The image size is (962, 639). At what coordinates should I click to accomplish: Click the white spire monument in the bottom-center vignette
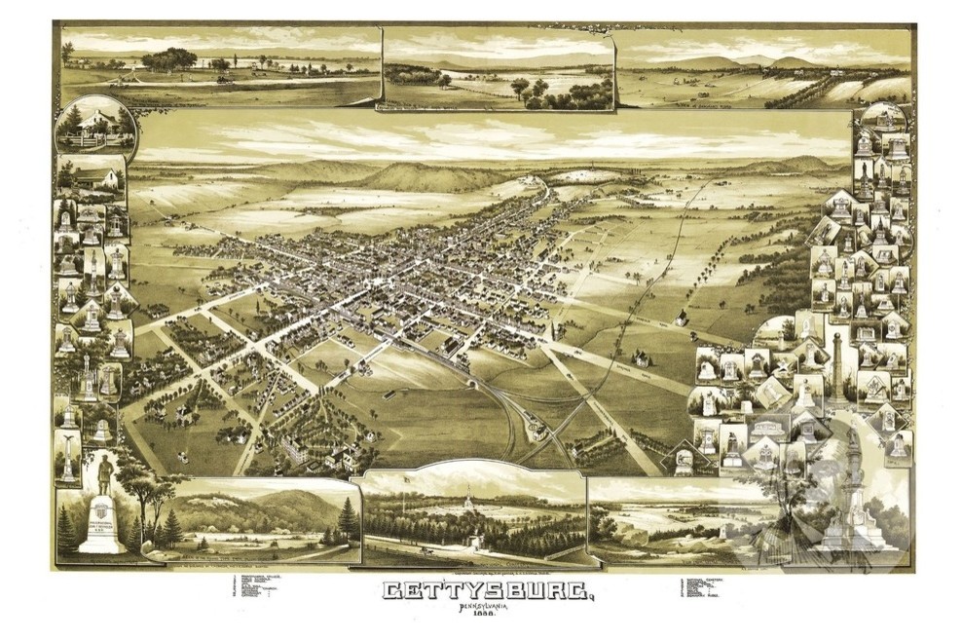point(467,501)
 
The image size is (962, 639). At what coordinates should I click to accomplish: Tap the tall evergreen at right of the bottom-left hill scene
point(349,516)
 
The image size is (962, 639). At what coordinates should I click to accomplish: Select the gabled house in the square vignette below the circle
point(94,176)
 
